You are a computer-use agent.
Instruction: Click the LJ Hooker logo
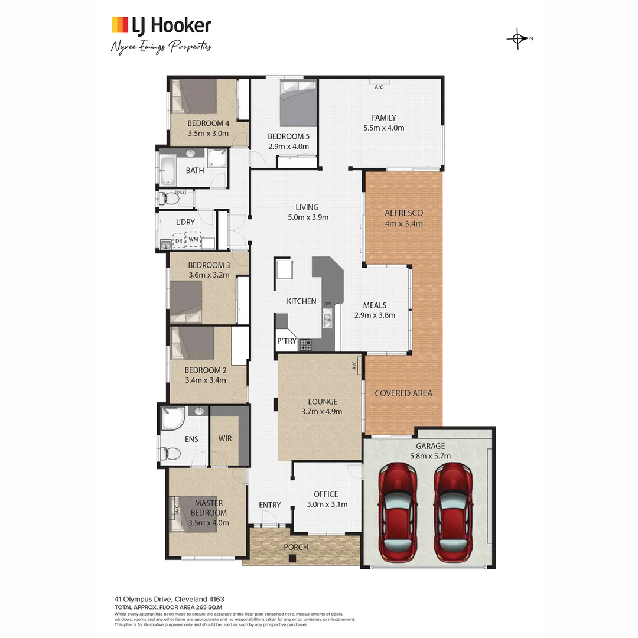tap(161, 25)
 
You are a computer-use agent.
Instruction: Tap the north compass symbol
tap(517, 39)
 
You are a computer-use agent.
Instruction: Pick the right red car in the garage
tap(454, 512)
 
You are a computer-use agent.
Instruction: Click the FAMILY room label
tap(383, 118)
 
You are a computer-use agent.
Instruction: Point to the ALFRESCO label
tap(403, 213)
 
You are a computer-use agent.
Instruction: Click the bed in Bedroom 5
tap(298, 103)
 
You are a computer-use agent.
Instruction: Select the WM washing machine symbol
tap(193, 239)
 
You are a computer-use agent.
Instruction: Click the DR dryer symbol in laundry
tap(178, 240)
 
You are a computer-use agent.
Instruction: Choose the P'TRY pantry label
tap(287, 341)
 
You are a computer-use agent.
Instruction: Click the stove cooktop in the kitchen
tap(306, 344)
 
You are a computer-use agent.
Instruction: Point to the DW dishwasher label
tap(326, 304)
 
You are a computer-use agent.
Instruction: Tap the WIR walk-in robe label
tap(224, 439)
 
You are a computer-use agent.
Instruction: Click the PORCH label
tap(296, 547)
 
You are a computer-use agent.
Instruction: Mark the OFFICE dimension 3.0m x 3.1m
tap(327, 504)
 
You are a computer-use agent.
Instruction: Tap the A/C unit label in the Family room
tap(379, 87)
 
